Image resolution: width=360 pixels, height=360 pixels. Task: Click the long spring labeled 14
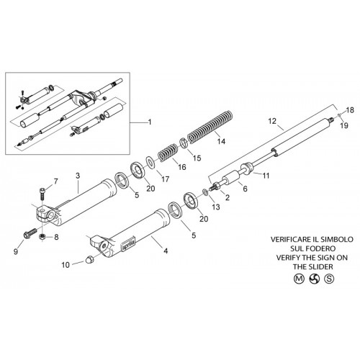(210, 127)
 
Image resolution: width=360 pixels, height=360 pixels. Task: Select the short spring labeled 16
(168, 153)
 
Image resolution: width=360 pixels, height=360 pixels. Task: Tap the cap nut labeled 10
(89, 260)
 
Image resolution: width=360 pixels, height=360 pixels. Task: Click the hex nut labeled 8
(42, 236)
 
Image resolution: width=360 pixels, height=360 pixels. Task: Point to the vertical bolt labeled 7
(42, 195)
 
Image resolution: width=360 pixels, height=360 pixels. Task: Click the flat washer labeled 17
(150, 162)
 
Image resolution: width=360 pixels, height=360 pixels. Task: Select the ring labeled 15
(184, 143)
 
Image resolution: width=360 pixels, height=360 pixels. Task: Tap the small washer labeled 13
(206, 192)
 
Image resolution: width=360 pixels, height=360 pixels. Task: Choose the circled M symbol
(299, 279)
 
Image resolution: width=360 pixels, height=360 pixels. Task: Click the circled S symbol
(329, 279)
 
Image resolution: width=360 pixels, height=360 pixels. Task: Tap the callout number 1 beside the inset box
(150, 122)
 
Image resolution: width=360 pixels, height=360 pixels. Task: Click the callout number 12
(272, 121)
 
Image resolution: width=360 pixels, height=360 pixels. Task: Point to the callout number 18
(350, 110)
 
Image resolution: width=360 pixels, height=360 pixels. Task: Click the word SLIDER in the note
(320, 266)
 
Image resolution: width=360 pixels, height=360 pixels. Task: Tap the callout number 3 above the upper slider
(78, 176)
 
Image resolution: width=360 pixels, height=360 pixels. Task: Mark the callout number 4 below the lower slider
(166, 251)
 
